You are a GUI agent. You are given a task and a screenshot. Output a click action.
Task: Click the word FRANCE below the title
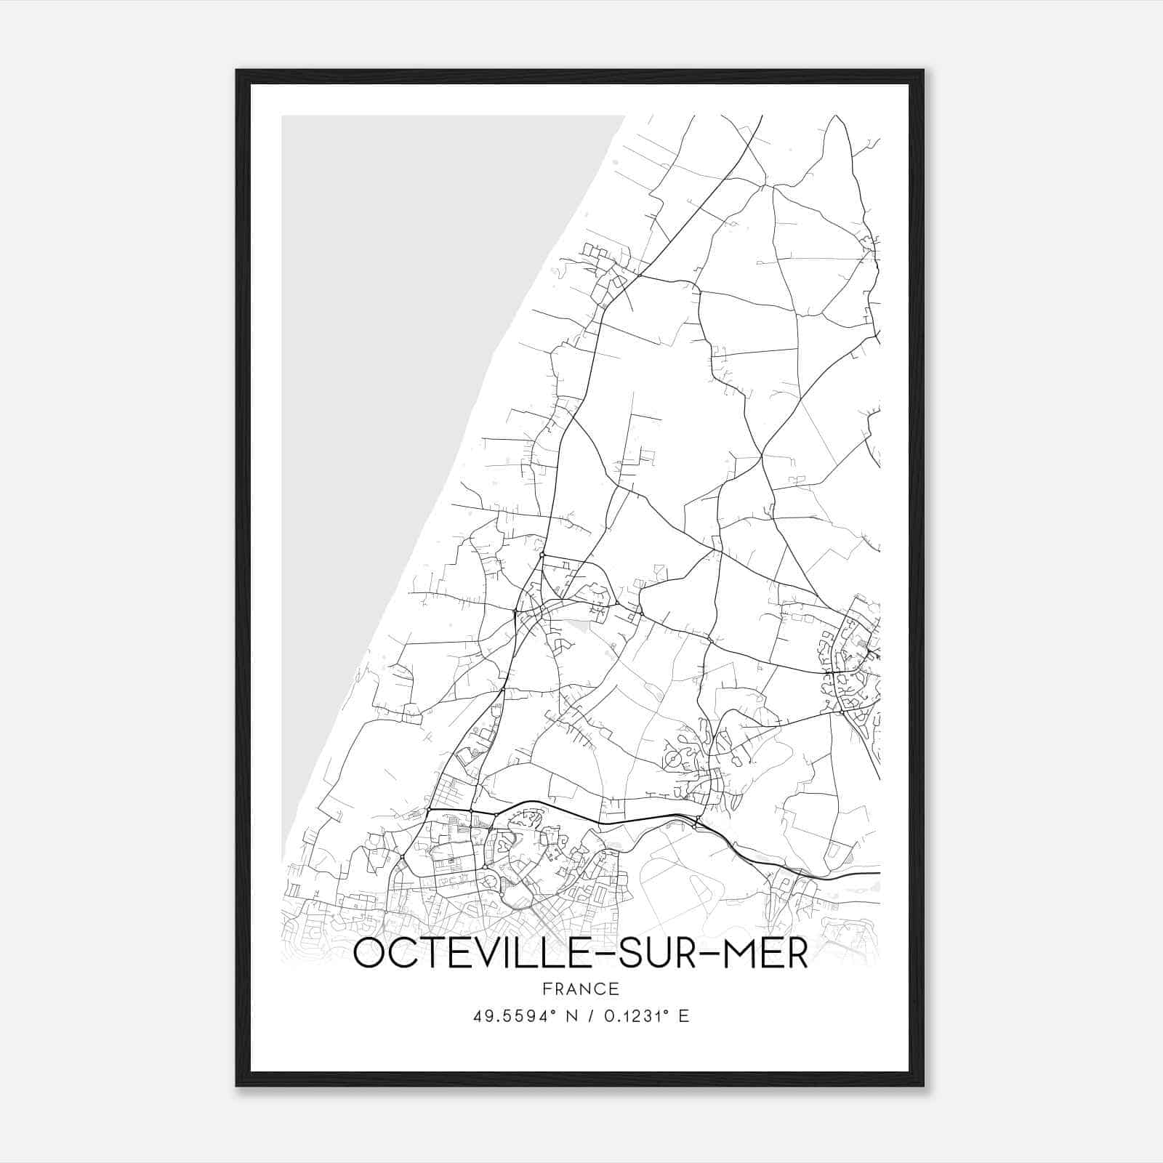tap(580, 989)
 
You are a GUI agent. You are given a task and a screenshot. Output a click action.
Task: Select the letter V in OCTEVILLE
tap(476, 954)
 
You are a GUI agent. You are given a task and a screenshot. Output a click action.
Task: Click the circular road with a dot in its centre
tap(674, 760)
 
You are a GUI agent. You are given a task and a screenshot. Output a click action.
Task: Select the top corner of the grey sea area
tap(623, 116)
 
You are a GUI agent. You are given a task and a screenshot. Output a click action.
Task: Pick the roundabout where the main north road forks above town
tap(542, 555)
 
